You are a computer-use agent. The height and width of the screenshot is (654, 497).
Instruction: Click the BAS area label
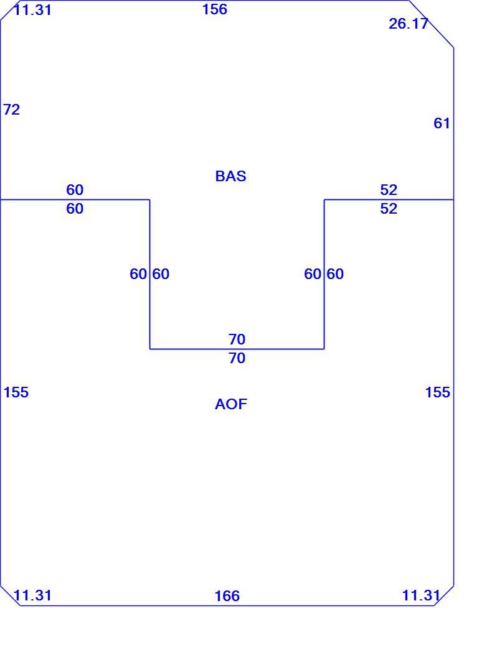click(x=230, y=176)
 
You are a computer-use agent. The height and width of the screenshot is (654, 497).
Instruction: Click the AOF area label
click(x=231, y=404)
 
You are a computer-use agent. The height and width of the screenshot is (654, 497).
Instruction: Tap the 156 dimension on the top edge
click(x=215, y=9)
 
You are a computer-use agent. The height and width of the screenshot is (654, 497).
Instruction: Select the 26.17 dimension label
click(x=408, y=24)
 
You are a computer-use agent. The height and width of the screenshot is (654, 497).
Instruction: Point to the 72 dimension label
click(x=12, y=109)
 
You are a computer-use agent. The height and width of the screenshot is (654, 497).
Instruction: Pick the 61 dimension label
click(x=442, y=123)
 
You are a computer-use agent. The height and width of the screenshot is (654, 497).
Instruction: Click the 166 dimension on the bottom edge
click(x=227, y=595)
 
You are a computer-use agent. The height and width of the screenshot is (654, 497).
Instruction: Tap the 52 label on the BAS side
click(x=389, y=190)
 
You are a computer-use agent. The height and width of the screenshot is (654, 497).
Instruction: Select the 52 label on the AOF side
click(x=389, y=209)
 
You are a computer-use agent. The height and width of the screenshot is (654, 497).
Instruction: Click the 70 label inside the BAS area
click(x=237, y=339)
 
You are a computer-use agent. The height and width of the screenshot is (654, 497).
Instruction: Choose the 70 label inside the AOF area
click(x=237, y=358)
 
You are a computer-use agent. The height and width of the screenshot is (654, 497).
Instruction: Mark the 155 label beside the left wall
click(x=16, y=392)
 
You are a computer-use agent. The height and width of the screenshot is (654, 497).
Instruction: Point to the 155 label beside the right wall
click(x=438, y=392)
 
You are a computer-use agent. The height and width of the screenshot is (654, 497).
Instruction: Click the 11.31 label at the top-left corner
click(x=32, y=9)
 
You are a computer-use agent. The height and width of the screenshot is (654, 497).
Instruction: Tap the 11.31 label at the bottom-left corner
click(x=32, y=595)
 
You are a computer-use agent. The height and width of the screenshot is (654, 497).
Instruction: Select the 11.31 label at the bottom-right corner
click(x=420, y=595)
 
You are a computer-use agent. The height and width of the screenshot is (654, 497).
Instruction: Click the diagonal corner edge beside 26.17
click(x=431, y=24)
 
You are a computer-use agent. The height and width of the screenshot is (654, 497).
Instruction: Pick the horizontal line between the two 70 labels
click(x=237, y=349)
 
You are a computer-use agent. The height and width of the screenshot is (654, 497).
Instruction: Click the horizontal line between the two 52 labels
click(x=389, y=199)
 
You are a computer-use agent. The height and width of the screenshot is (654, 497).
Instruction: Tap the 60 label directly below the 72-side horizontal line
click(x=75, y=209)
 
